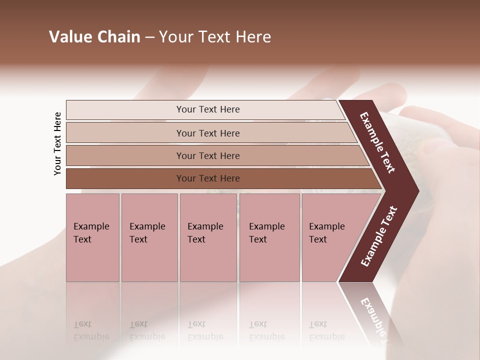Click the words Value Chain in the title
[x=94, y=37]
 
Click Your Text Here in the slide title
[x=215, y=37]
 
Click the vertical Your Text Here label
[x=57, y=143]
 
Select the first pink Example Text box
[x=92, y=237]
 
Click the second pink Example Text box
[x=149, y=237]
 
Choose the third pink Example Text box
[x=208, y=237]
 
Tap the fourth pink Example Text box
[x=269, y=237]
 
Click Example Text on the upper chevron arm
[x=377, y=142]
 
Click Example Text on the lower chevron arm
[x=379, y=236]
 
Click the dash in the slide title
[x=149, y=37]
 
